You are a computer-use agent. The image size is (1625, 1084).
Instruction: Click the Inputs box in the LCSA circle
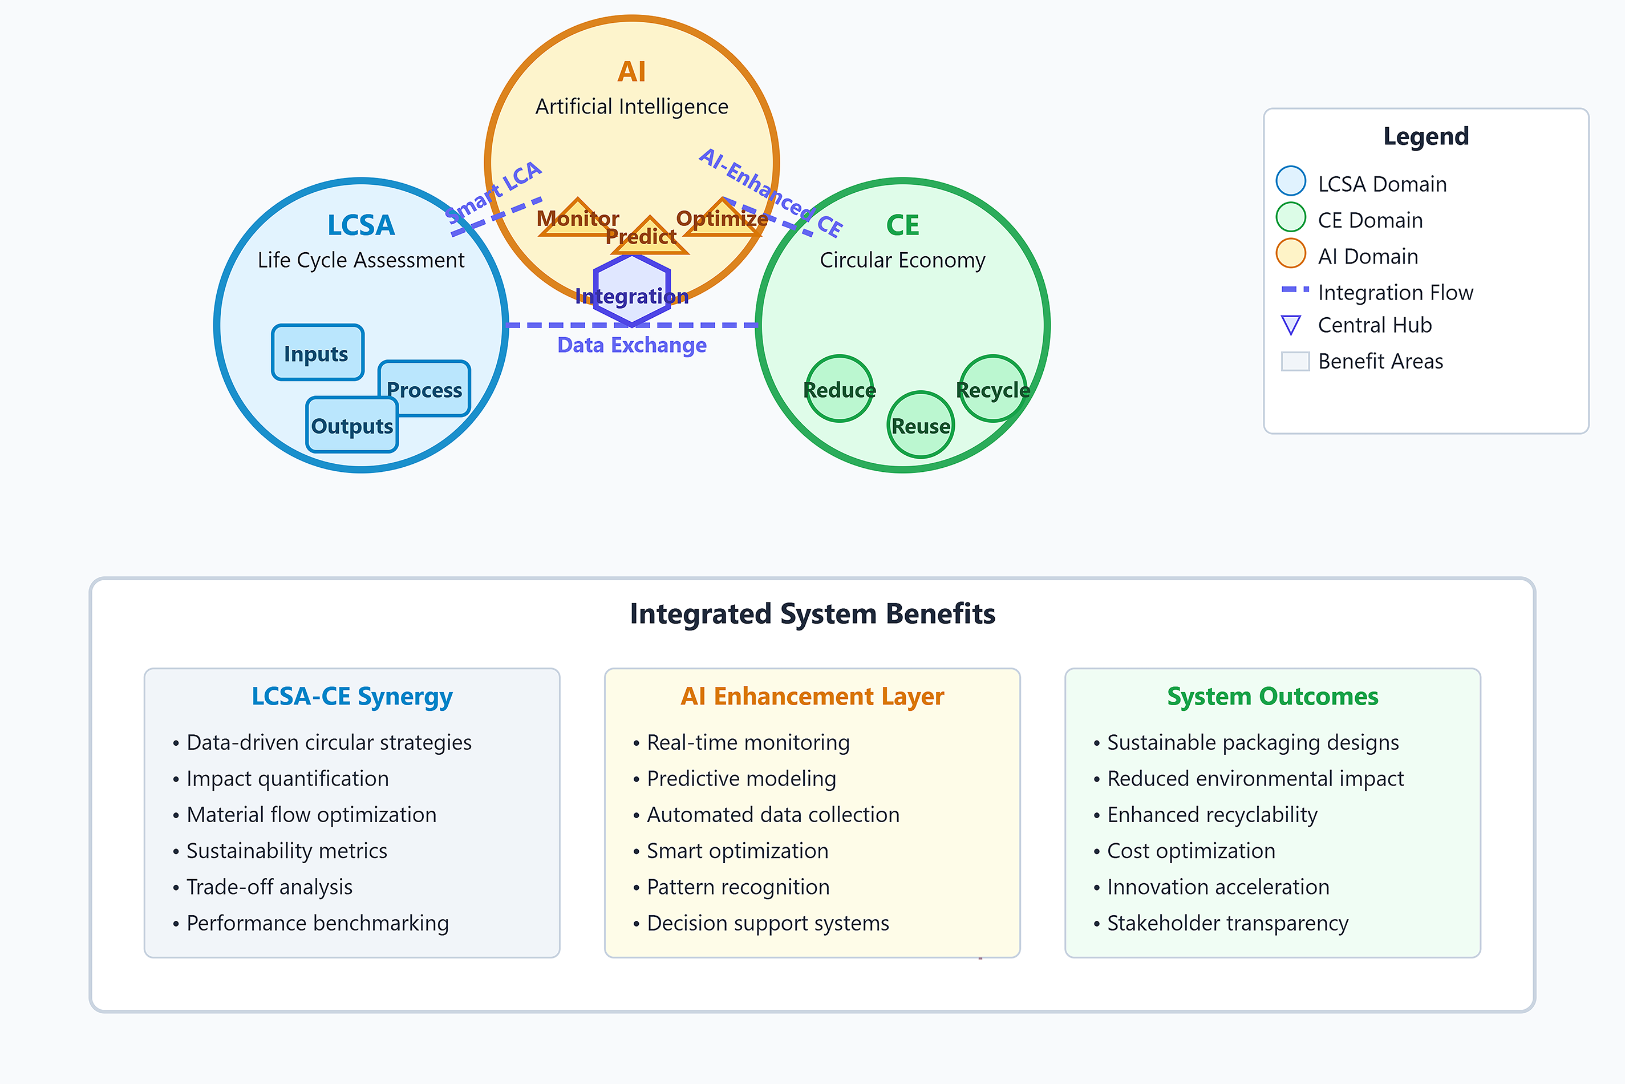tap(317, 353)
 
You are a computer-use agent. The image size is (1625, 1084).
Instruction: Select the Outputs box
tap(352, 425)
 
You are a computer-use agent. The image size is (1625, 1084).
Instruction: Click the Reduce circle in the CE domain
tap(839, 389)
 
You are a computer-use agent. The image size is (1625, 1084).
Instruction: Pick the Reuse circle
tap(921, 425)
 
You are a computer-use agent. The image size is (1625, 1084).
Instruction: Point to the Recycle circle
tap(992, 389)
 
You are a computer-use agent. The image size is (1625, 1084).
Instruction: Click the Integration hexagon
tap(632, 290)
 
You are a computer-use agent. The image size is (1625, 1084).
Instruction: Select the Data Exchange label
tap(632, 345)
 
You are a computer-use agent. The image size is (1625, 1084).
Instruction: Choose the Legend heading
tap(1425, 136)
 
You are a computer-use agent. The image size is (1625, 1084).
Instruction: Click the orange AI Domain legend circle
tap(1290, 253)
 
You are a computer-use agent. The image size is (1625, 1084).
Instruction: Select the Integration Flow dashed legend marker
tap(1295, 289)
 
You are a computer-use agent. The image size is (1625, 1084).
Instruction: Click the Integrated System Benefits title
tap(812, 614)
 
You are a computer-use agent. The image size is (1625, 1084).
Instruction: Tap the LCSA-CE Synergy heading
tap(352, 696)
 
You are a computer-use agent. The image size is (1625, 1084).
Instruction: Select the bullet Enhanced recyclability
tap(1211, 814)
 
